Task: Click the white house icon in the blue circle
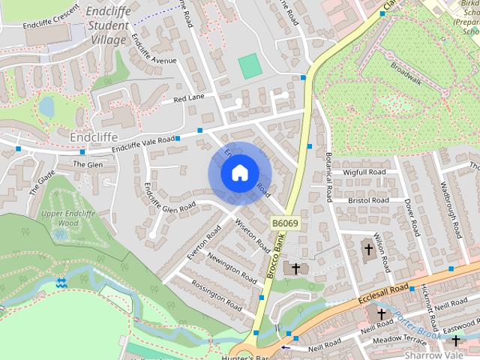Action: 238,172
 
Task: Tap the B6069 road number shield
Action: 285,223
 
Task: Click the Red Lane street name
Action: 188,99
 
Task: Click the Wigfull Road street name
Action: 364,172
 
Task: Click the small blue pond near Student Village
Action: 46,106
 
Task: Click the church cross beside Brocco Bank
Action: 296,268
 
